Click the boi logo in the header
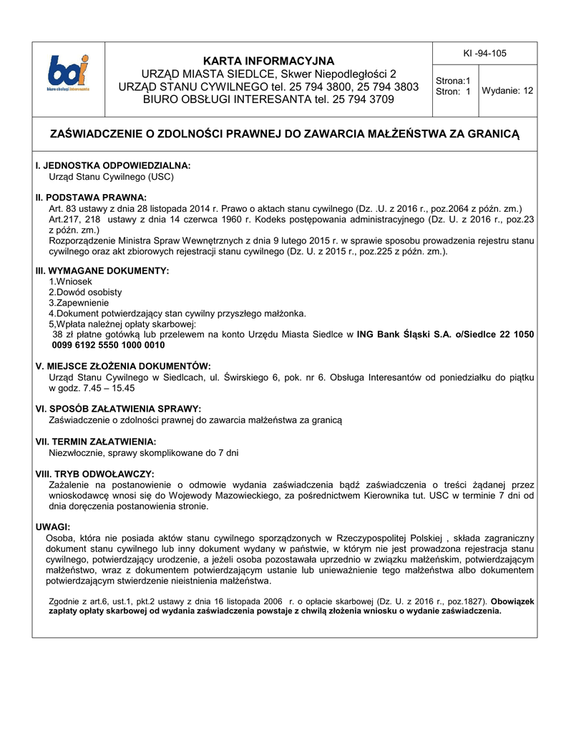[x=69, y=74]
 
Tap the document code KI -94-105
[x=485, y=54]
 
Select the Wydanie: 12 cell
[x=507, y=90]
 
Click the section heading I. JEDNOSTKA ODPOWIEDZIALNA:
[x=113, y=165]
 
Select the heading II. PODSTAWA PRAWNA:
[x=91, y=197]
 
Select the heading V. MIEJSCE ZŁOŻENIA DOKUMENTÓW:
[x=123, y=366]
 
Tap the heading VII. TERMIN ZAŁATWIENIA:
[x=96, y=442]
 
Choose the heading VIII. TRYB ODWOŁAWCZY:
[x=94, y=474]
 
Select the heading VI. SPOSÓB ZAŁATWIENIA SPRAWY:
[x=113, y=409]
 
